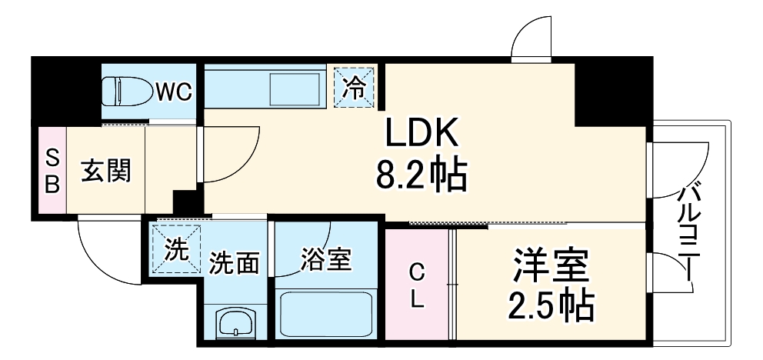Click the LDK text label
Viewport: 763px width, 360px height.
click(421, 135)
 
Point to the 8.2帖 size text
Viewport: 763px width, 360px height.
click(421, 177)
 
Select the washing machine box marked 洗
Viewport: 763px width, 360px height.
click(177, 248)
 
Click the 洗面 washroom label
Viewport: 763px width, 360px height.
click(234, 263)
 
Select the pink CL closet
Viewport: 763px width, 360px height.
click(416, 285)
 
